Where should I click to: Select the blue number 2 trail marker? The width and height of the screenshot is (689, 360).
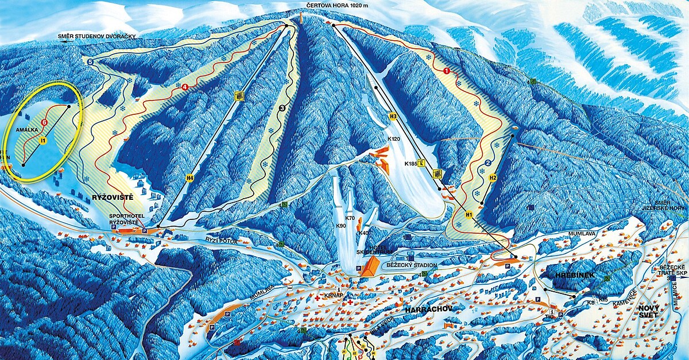(x=488, y=163)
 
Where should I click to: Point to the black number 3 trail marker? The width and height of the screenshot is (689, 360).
(x=282, y=107)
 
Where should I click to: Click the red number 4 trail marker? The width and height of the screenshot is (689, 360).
(x=185, y=87)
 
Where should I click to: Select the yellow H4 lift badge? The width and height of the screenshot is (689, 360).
(x=190, y=178)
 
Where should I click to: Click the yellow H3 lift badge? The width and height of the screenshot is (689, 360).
(x=393, y=117)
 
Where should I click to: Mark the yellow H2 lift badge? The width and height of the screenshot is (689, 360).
(x=492, y=179)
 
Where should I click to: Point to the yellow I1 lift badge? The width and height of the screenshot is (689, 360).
(x=42, y=140)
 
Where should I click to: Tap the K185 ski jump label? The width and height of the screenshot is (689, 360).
(x=411, y=164)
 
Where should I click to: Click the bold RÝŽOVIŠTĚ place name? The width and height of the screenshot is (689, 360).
(x=113, y=198)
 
